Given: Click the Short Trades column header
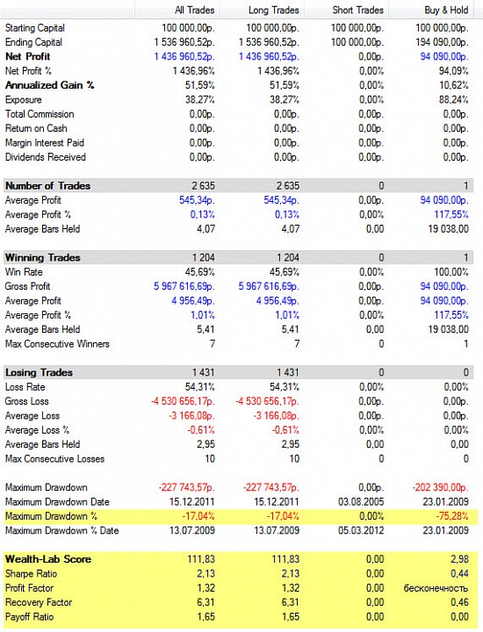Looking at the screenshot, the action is (x=357, y=10).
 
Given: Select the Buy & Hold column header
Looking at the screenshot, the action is (x=446, y=10).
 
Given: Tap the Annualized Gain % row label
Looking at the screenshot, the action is (x=49, y=85).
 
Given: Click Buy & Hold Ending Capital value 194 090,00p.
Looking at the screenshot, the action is (x=442, y=42).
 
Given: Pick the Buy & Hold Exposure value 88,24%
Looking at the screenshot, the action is (x=453, y=100).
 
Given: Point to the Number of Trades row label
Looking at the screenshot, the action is (x=47, y=186).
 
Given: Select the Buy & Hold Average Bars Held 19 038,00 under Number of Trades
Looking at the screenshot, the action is (x=449, y=229).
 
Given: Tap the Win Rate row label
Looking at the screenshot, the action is (x=24, y=272).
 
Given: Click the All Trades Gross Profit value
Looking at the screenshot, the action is (x=184, y=286).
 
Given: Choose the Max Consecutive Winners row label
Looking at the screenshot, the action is (x=57, y=344).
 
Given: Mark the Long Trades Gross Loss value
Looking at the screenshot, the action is (x=268, y=401).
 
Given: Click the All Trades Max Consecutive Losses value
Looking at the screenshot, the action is (x=210, y=459).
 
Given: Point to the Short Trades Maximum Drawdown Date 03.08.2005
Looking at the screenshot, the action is (x=361, y=502).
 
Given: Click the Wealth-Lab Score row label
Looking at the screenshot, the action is (x=48, y=559).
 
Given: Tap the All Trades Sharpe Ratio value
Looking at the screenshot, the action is (x=206, y=574).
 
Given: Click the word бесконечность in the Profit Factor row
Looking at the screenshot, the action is (x=436, y=588).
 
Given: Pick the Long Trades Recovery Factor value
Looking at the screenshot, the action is (x=291, y=602).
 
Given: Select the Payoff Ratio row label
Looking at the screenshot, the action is (x=30, y=617).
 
